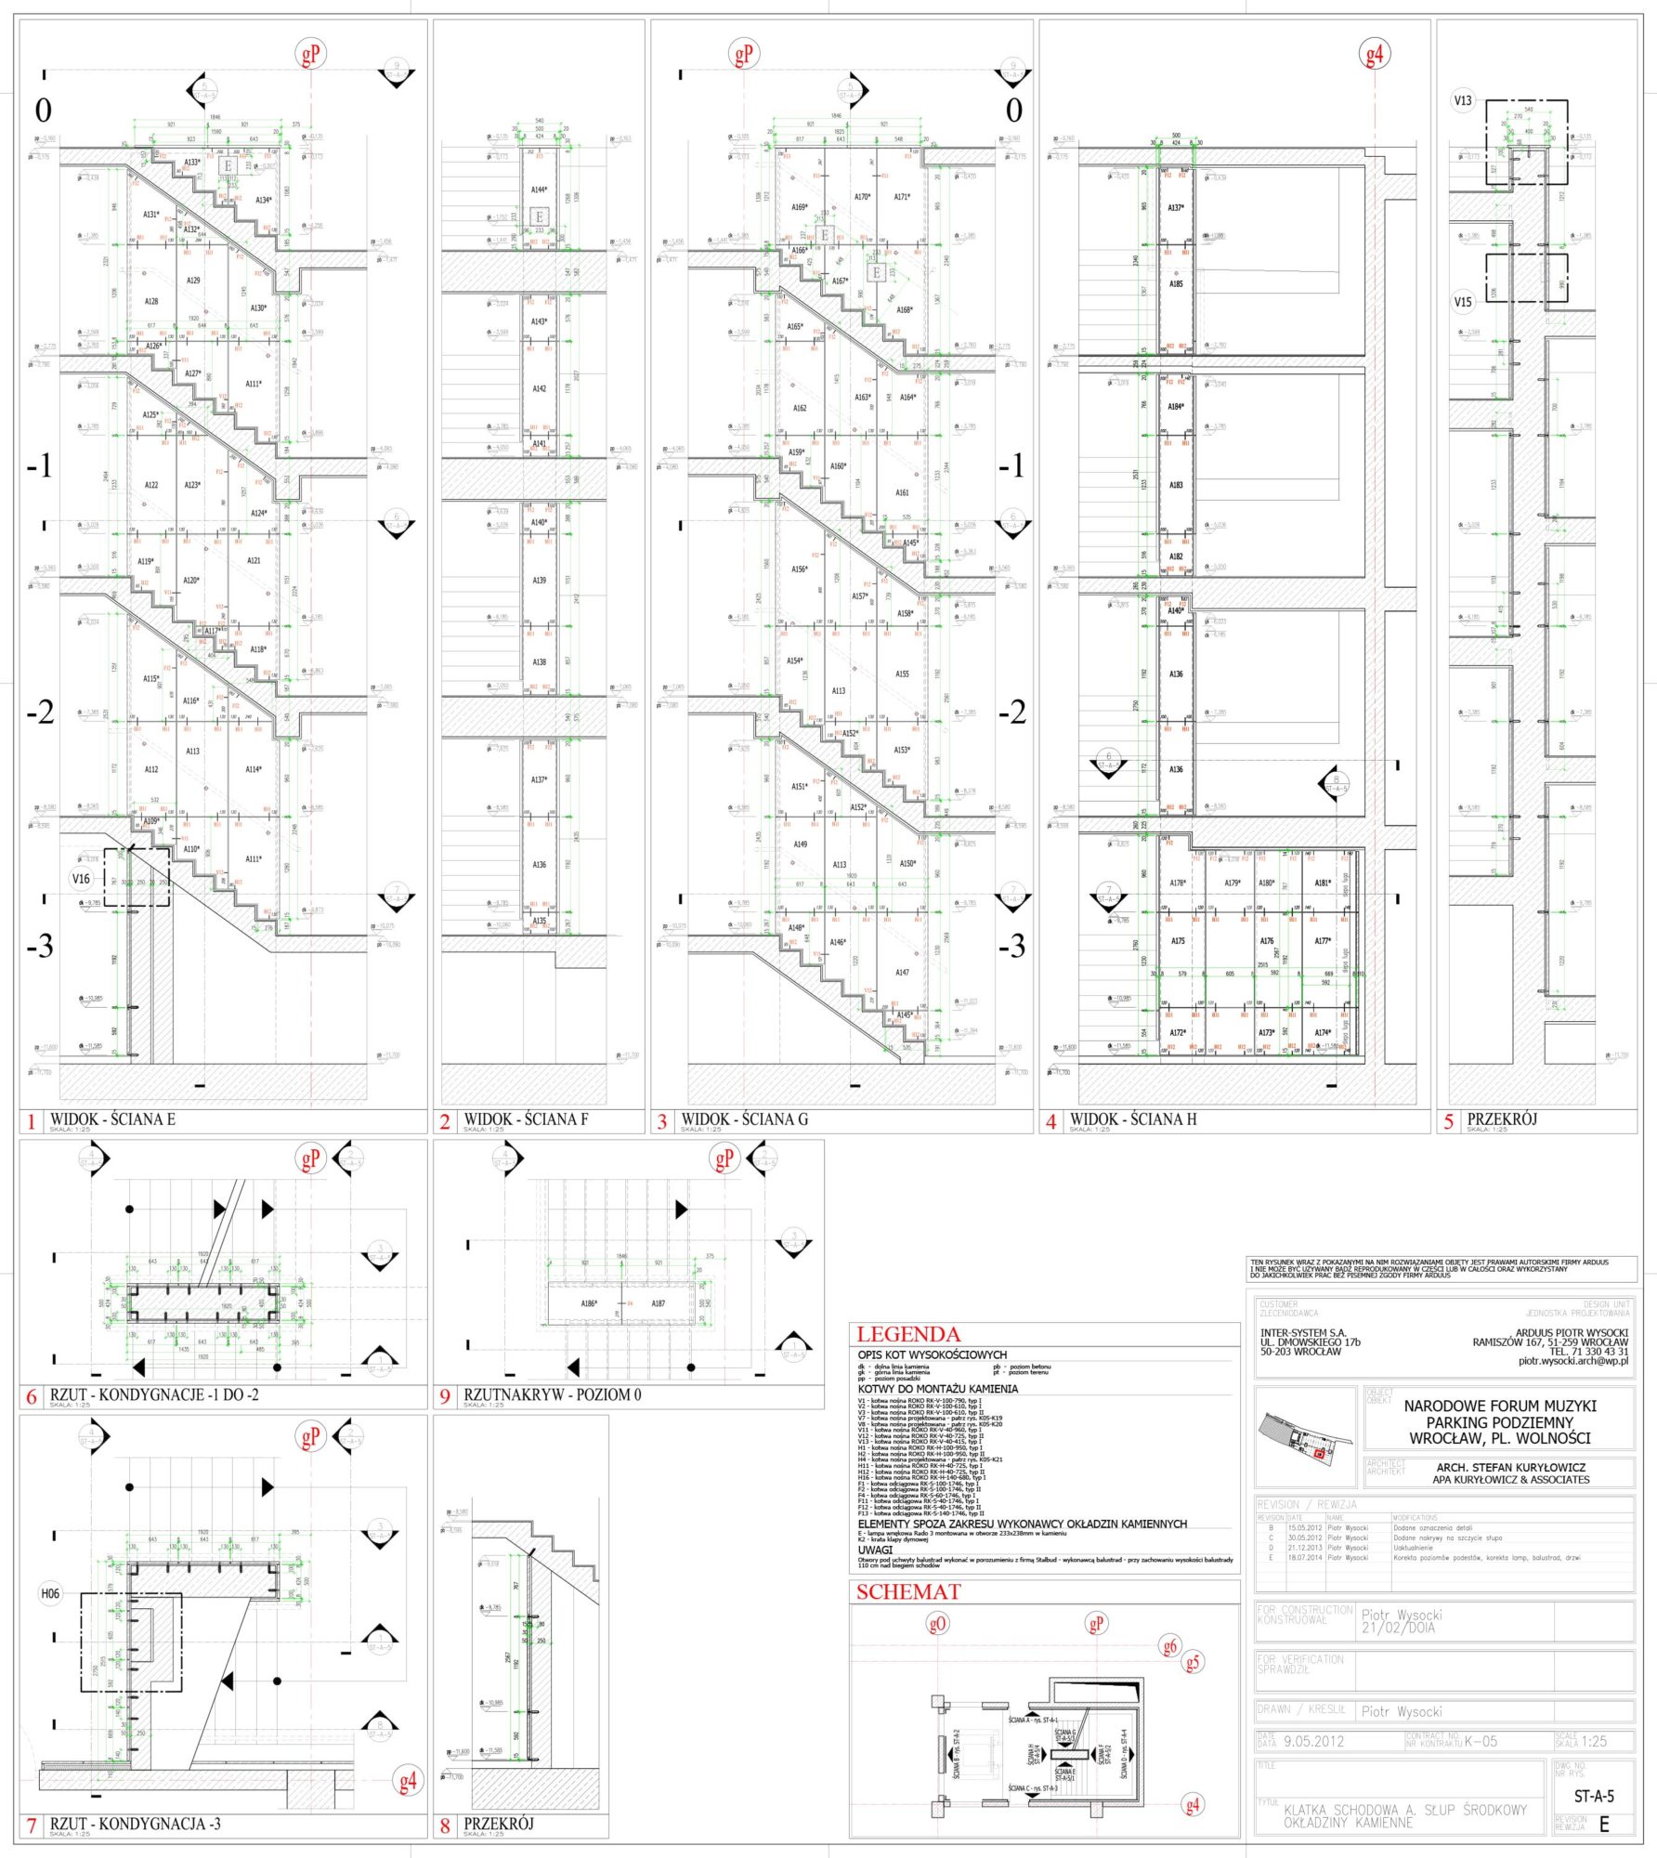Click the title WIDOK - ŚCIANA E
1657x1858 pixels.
pos(112,1119)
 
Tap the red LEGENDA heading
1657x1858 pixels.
pos(907,1334)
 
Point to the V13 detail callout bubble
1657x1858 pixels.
pos(1463,100)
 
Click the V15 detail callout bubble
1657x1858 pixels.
pos(1463,302)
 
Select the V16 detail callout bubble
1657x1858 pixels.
pos(81,878)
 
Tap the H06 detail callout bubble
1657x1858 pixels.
pos(50,1593)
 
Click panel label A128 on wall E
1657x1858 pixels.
pos(151,301)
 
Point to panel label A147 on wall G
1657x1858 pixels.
pos(902,973)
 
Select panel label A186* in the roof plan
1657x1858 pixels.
pos(589,1303)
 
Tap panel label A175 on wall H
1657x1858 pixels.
pos(1178,941)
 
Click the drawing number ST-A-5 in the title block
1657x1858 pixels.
pos(1594,1796)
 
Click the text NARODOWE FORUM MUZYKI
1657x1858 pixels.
pos(1500,1406)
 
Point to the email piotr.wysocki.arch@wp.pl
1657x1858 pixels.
pos(1572,1361)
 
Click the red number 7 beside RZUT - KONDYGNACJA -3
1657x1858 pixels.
pos(31,1825)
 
